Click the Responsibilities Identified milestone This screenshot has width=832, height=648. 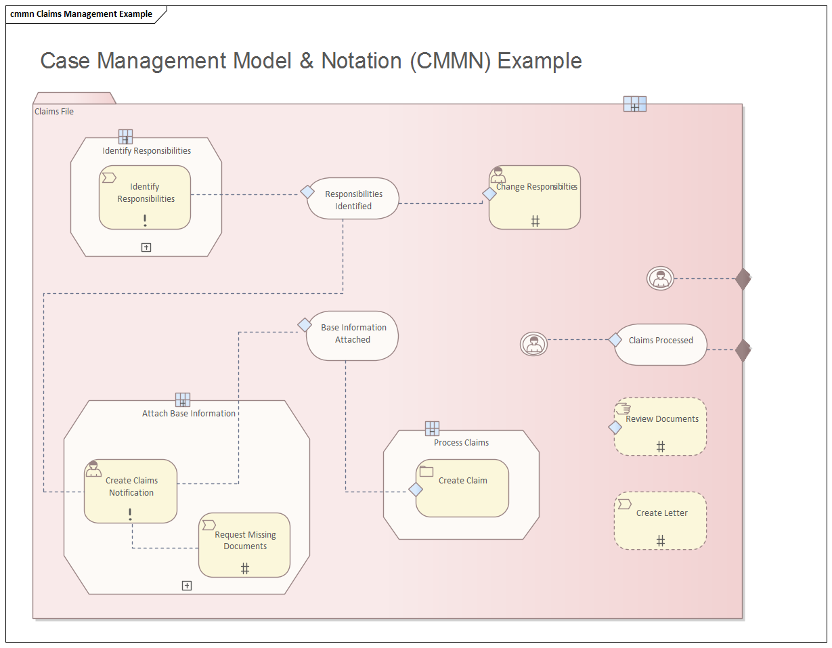353,199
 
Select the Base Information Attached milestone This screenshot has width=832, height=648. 353,334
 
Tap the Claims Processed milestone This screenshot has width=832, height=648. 661,345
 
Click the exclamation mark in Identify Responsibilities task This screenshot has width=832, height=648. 145,220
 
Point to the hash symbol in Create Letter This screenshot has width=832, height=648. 661,540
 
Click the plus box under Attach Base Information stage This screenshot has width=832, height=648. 187,586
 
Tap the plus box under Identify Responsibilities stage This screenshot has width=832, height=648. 146,247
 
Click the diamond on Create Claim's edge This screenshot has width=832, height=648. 416,489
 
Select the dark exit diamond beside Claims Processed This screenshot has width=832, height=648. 743,350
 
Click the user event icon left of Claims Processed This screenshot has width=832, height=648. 533,344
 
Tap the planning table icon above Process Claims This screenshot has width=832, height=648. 433,428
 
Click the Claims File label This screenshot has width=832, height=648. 54,112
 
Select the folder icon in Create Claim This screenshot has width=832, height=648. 426,471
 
